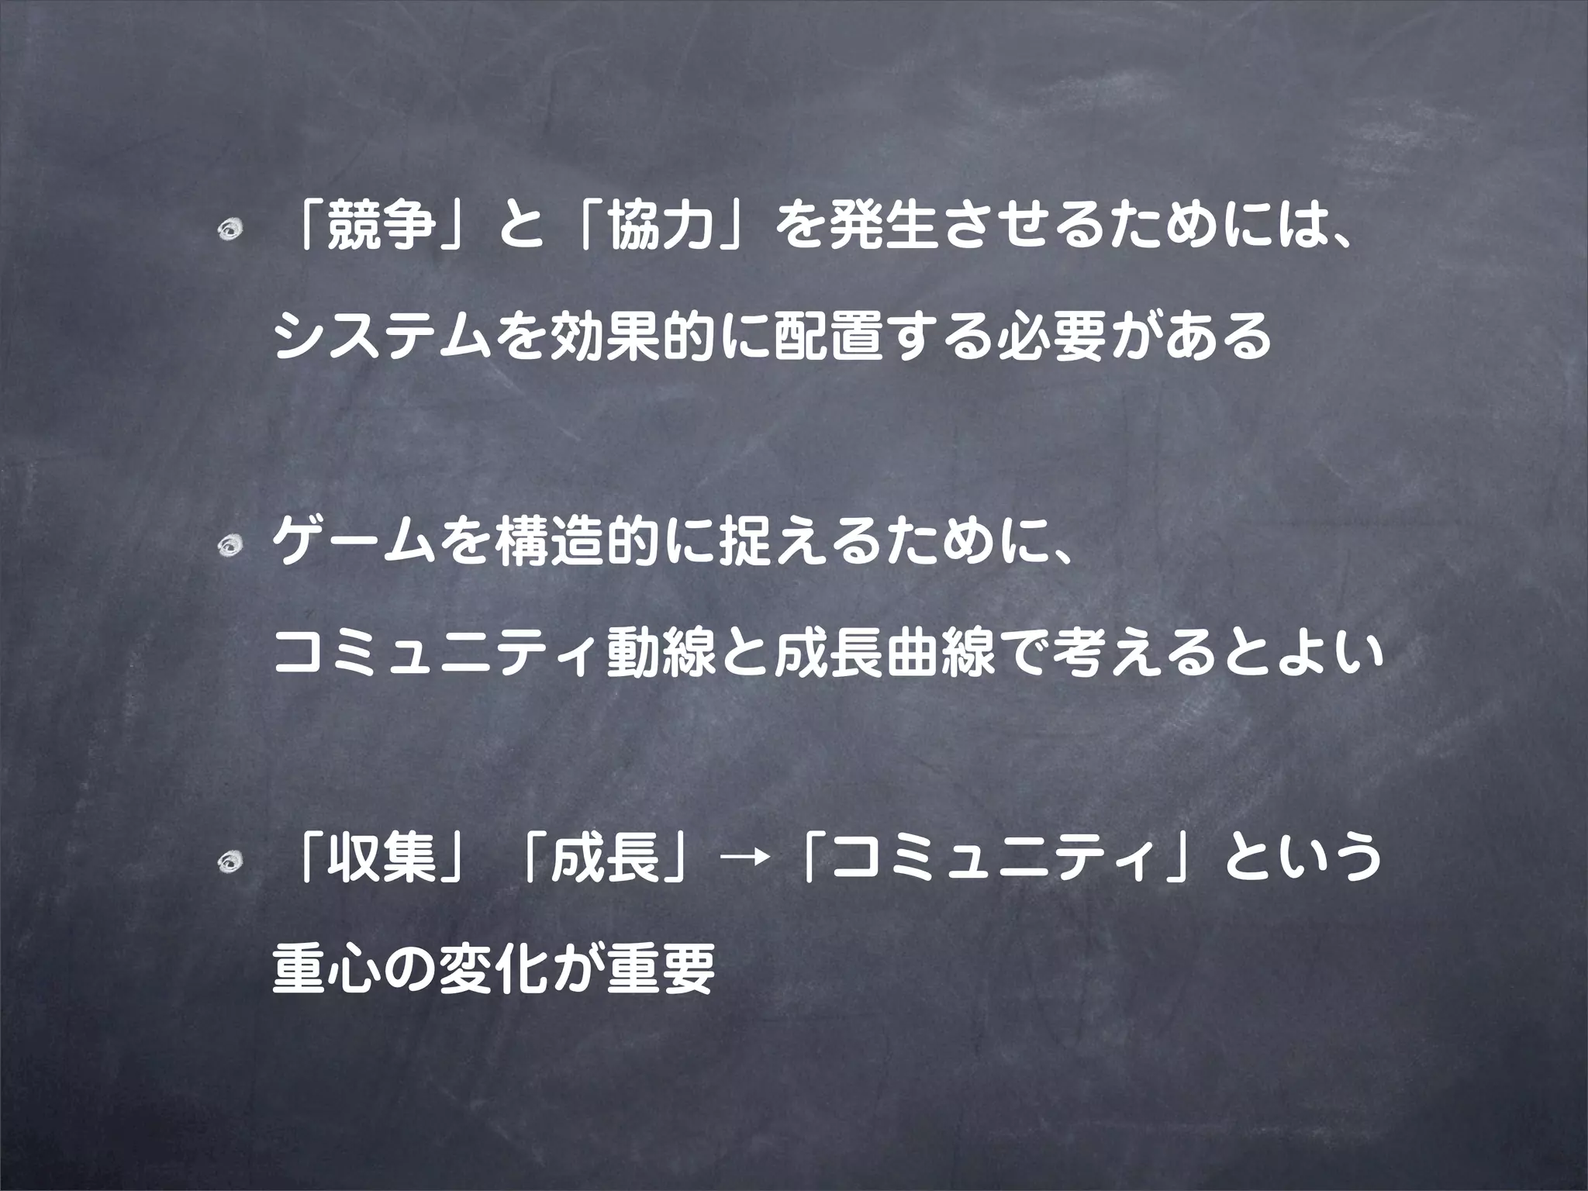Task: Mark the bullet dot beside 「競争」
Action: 231,233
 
